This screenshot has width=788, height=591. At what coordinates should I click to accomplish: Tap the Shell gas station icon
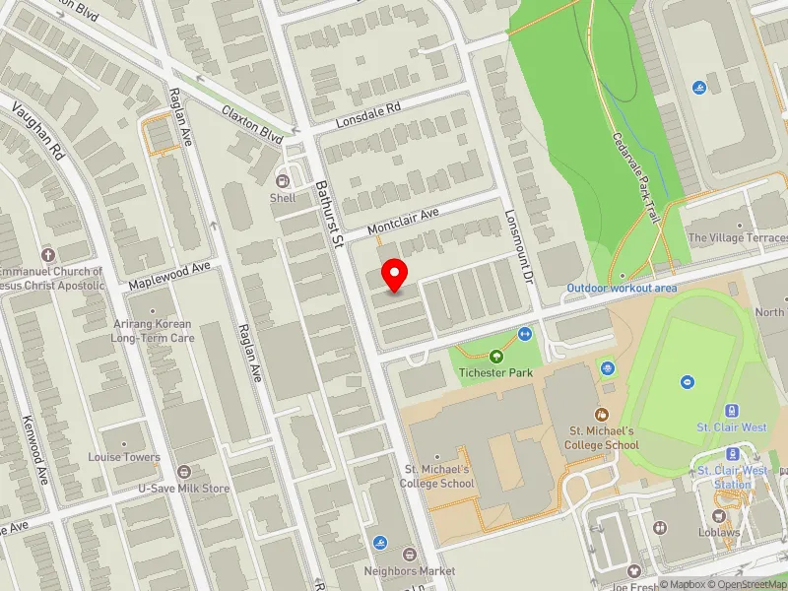pyautogui.click(x=283, y=180)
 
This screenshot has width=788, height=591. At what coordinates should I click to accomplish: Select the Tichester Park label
pyautogui.click(x=494, y=373)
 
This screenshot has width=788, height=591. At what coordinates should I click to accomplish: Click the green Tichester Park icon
pyautogui.click(x=495, y=357)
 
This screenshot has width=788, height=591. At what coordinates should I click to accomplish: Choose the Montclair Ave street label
pyautogui.click(x=402, y=222)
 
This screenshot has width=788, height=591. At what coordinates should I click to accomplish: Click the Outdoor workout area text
pyautogui.click(x=622, y=288)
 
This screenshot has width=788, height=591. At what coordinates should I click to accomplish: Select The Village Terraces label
pyautogui.click(x=738, y=237)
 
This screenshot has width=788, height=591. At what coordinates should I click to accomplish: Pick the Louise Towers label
pyautogui.click(x=123, y=457)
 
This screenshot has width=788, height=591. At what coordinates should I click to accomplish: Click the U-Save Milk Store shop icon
pyautogui.click(x=183, y=472)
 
